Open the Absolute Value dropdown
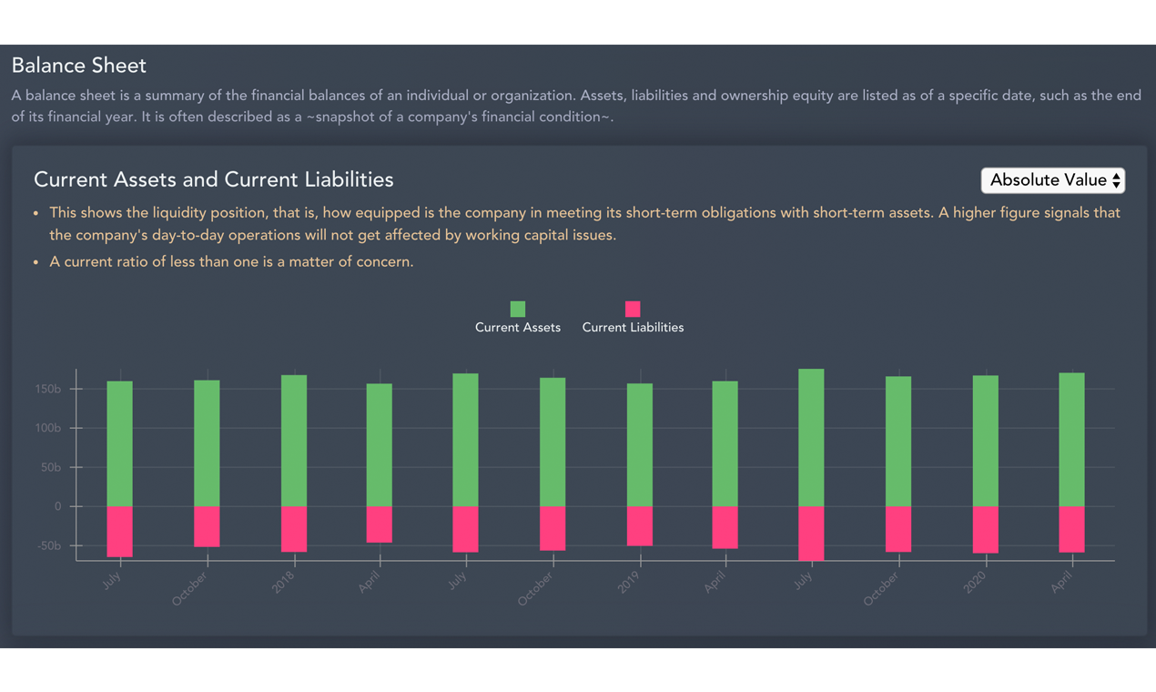[1052, 180]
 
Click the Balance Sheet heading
[79, 66]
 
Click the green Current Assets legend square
[518, 309]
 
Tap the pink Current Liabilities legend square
[633, 309]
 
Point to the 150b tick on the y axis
[47, 389]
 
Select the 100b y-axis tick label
[47, 428]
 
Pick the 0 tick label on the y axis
[57, 506]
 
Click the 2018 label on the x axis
[283, 583]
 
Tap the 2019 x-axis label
[629, 583]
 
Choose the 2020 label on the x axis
[975, 583]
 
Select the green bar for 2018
[293, 441]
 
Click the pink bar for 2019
[639, 525]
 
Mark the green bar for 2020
[985, 441]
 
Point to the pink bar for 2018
[293, 528]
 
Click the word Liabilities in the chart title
[345, 179]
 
